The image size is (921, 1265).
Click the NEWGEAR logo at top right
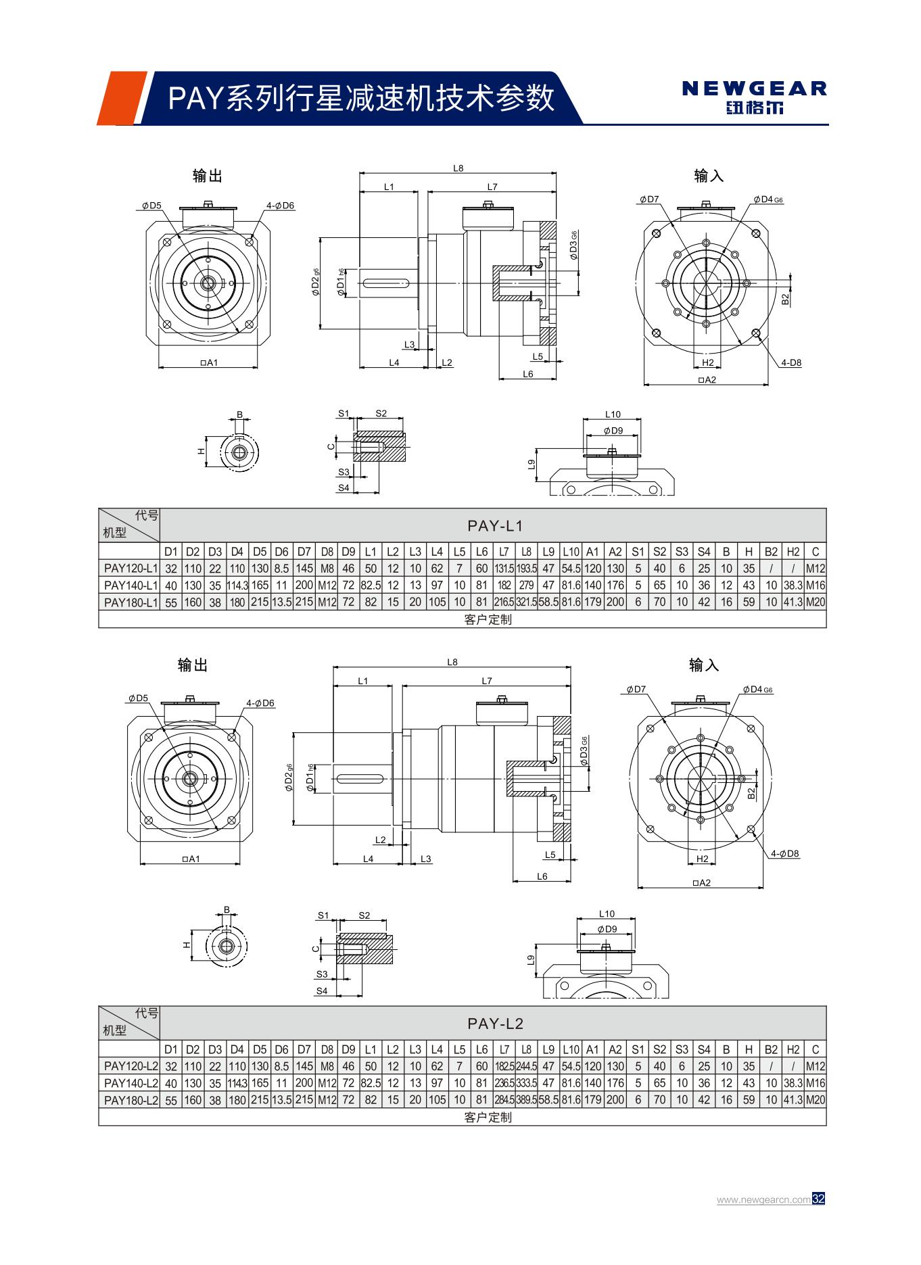754,97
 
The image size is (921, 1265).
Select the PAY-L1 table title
494,525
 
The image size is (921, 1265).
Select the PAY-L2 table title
494,1023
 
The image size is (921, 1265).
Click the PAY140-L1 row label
131,585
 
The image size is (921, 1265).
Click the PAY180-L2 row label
131,1100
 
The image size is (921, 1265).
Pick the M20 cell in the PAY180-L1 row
816,602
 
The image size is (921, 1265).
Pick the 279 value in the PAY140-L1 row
526,585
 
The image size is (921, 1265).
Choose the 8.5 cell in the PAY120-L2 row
281,1066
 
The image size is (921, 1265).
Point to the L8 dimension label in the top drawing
458,168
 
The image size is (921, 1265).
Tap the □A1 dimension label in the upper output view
209,363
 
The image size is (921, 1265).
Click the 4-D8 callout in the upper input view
790,362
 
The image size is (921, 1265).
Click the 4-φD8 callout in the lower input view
784,853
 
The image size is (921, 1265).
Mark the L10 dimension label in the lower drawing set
606,913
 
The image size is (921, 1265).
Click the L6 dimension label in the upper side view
528,374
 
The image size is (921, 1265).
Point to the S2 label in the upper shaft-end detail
381,413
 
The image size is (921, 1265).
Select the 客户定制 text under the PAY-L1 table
488,619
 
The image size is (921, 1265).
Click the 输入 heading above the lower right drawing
704,665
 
